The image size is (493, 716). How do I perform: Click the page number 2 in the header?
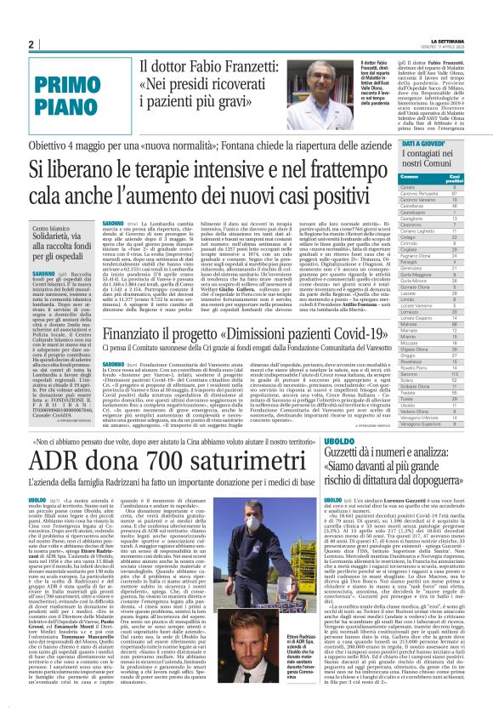tap(31, 44)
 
